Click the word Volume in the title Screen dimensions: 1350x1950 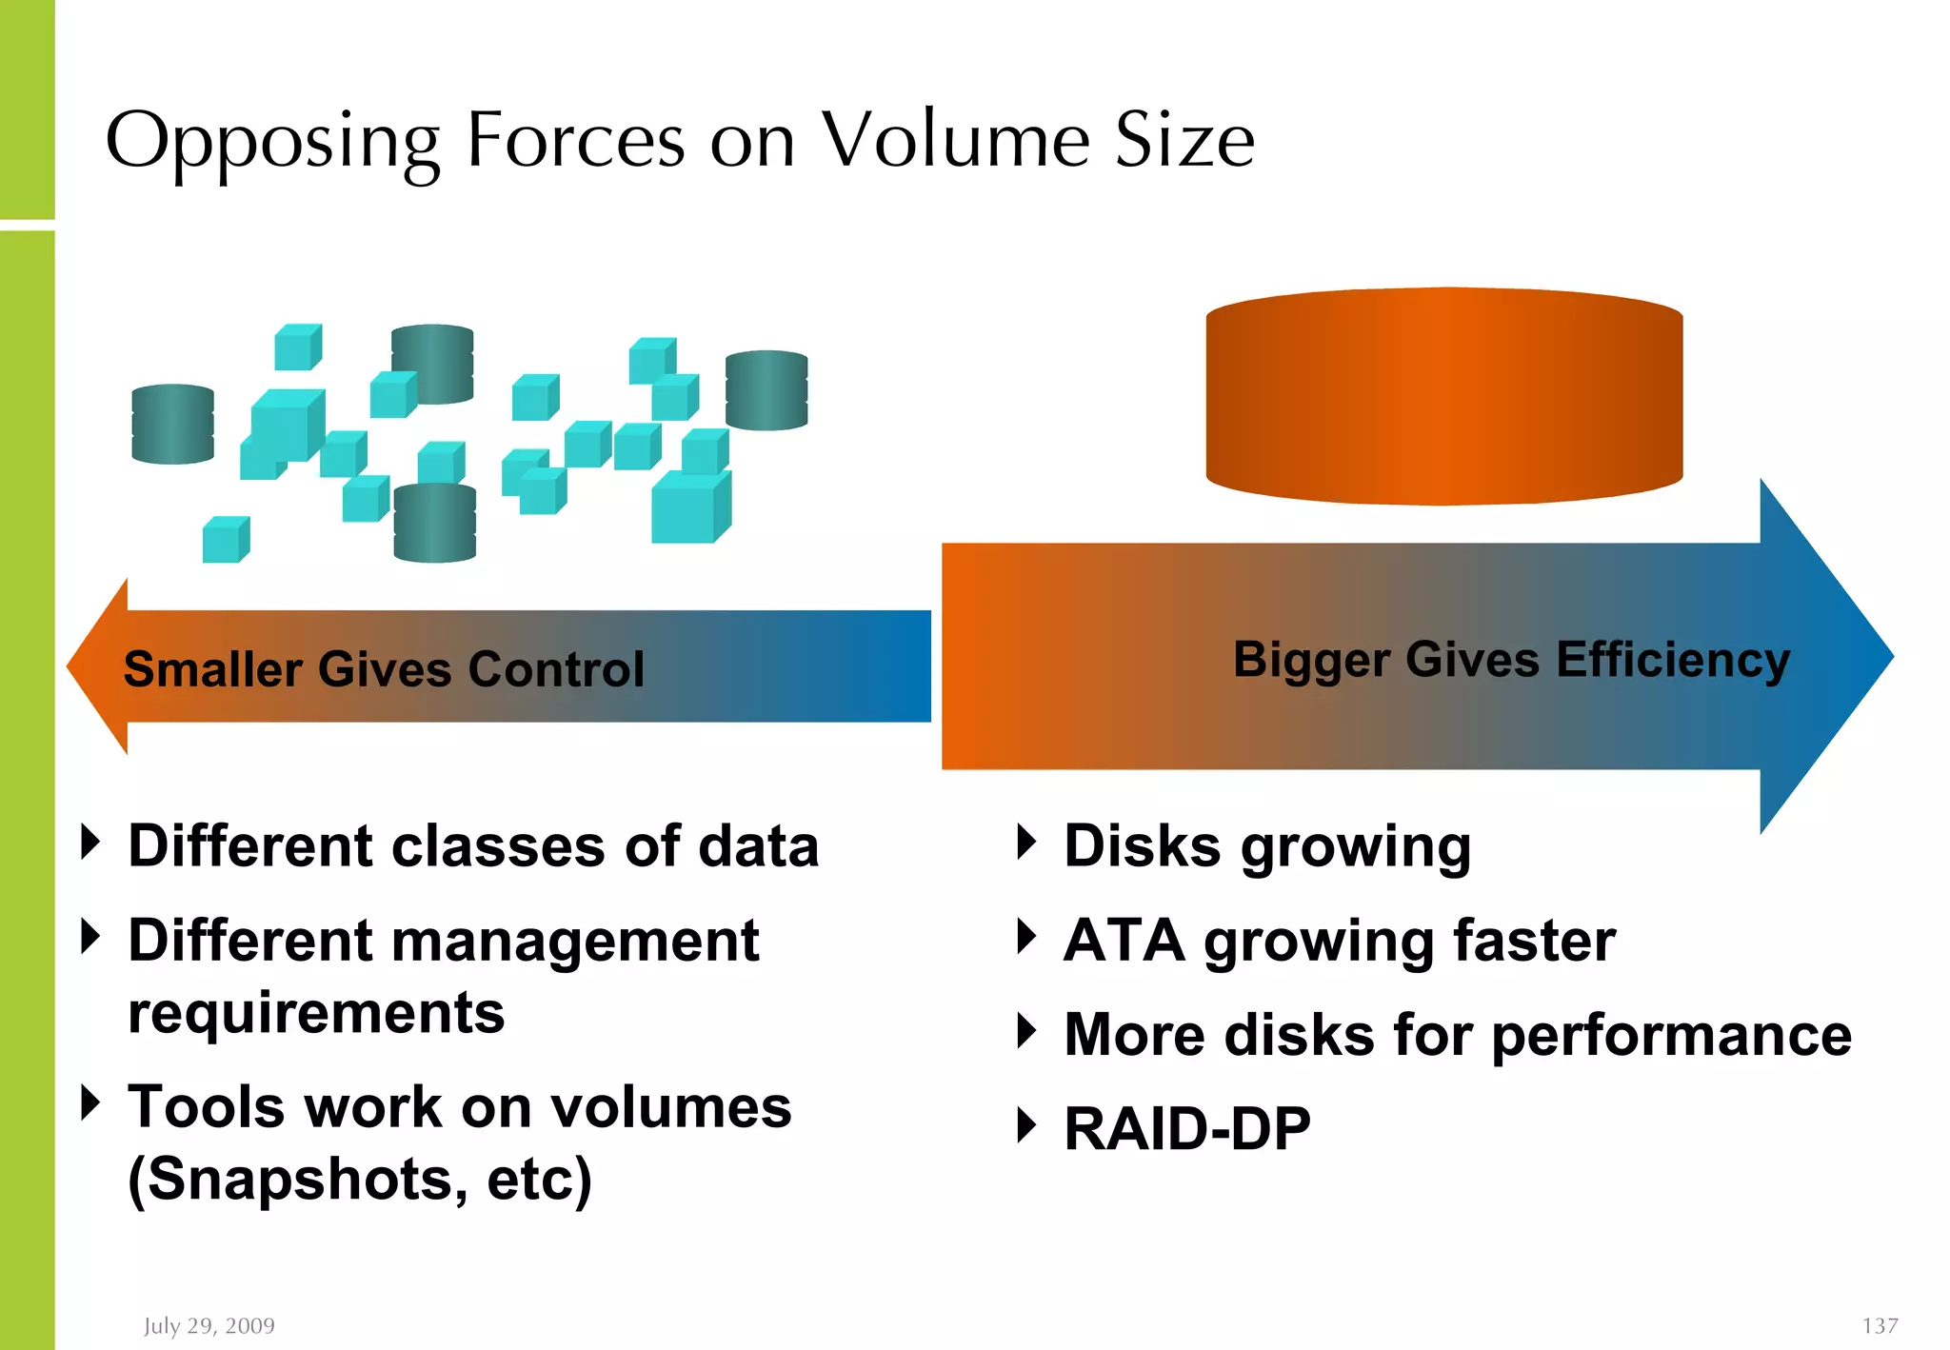955,140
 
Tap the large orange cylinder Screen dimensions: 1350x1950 1443,397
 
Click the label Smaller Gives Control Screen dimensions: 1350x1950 384,668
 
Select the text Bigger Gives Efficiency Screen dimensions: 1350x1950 1511,660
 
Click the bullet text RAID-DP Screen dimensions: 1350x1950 1186,1129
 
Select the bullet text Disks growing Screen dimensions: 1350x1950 1266,847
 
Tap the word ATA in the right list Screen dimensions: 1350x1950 1124,941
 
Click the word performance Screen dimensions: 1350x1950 1671,1036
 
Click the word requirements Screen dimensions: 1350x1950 316,1013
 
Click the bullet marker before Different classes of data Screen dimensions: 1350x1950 91,842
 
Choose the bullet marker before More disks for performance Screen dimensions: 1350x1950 1026,1031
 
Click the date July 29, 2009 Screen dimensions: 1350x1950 209,1325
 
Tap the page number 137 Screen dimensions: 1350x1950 1880,1325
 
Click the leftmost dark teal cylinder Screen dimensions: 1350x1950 172,425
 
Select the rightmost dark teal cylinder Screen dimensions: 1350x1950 766,390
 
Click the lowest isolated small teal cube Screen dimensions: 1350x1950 226,540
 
